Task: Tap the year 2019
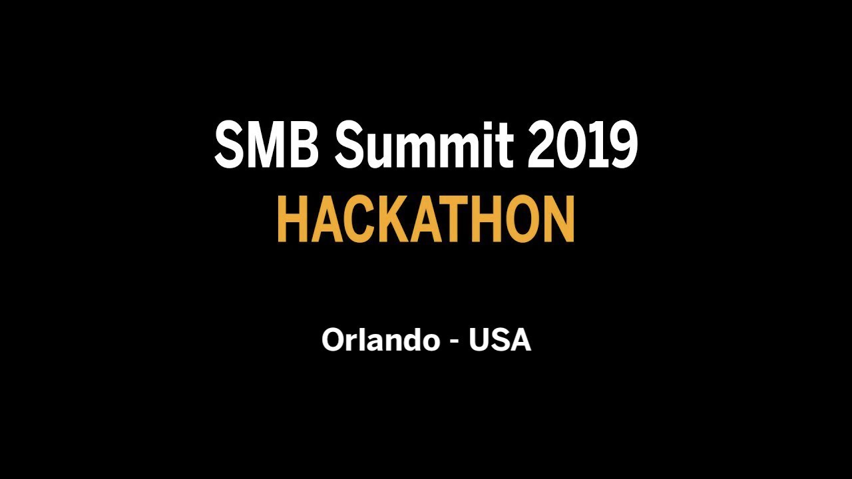[x=582, y=146]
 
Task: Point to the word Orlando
[x=380, y=340]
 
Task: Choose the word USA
[x=500, y=340]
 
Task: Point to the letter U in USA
[x=479, y=340]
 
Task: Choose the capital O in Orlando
[x=333, y=340]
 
